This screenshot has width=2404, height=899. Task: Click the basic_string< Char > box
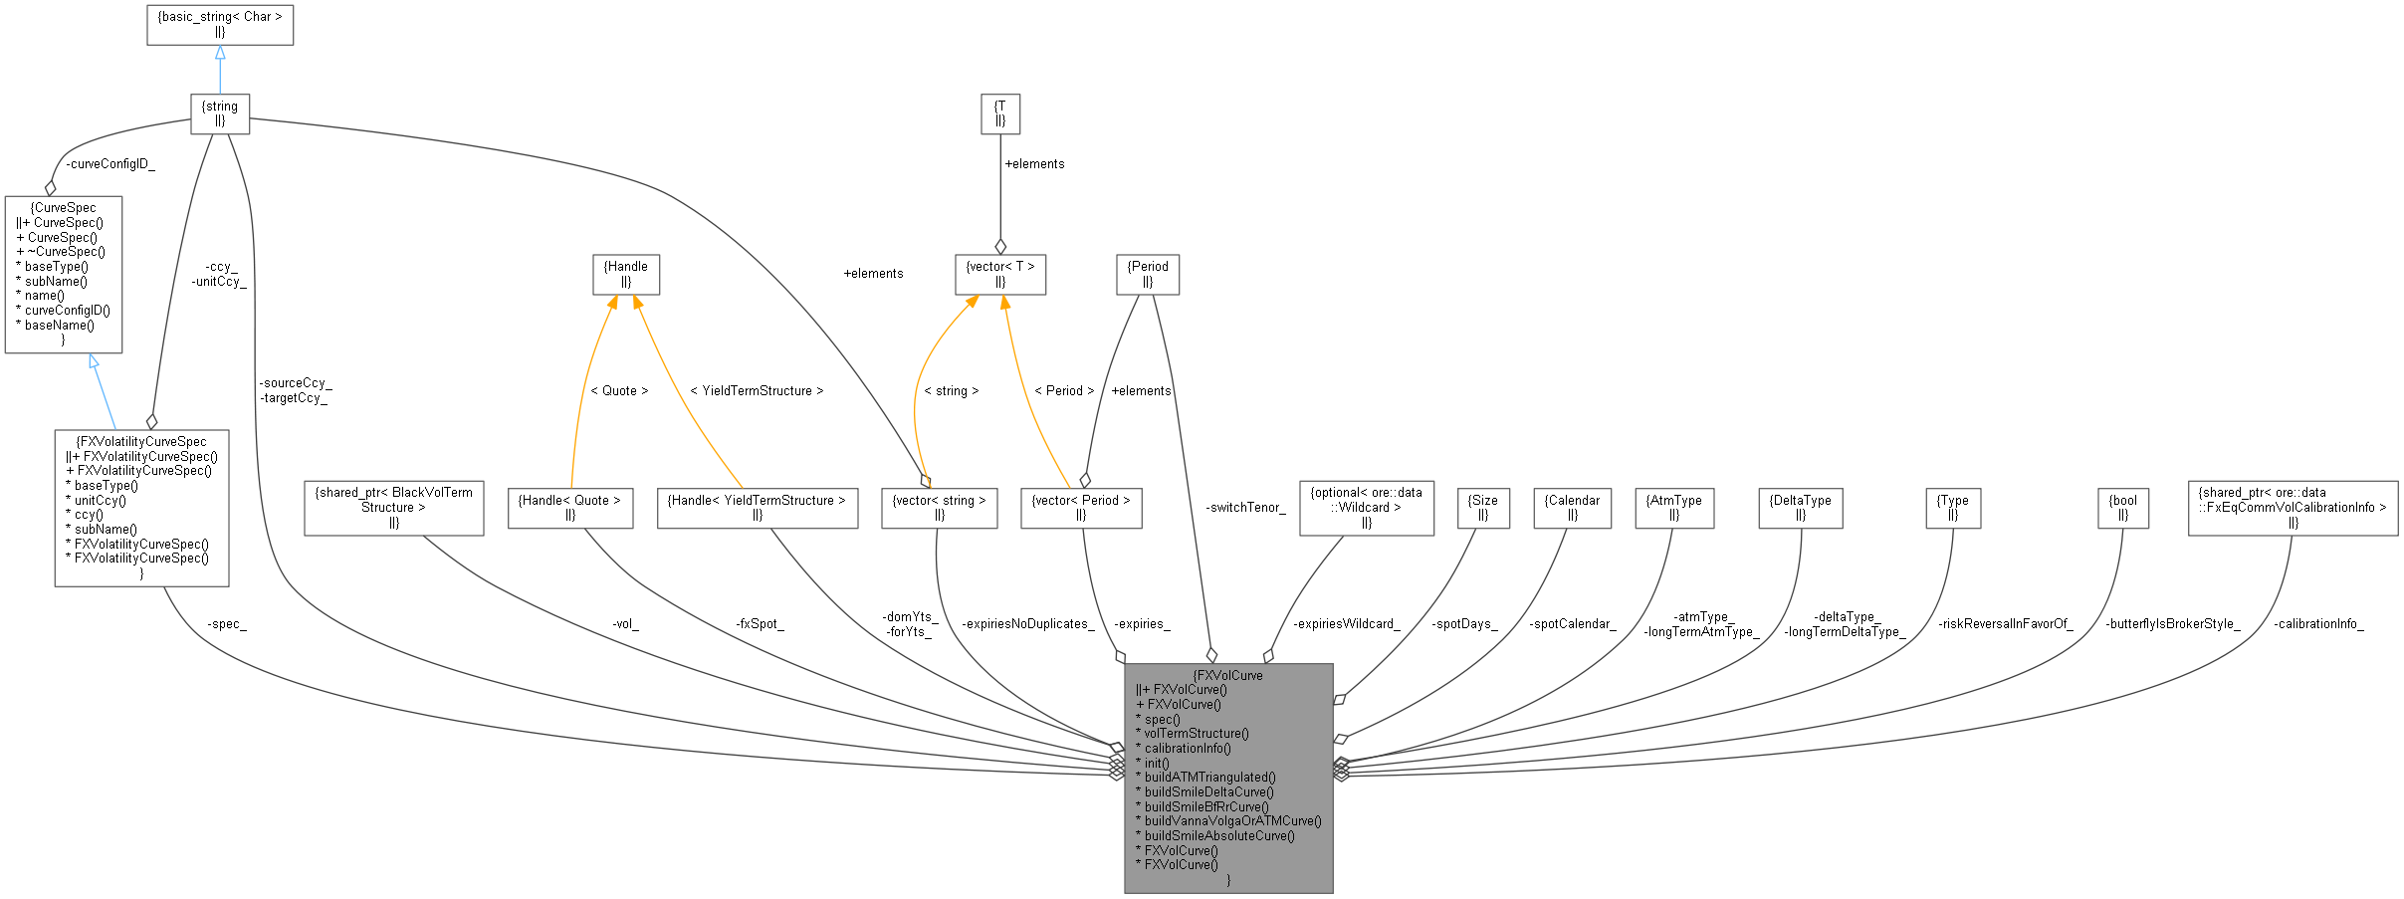tap(220, 24)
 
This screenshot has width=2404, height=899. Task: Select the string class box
tap(220, 113)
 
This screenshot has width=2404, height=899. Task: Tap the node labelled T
tap(1000, 113)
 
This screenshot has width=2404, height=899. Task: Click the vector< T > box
tap(1000, 274)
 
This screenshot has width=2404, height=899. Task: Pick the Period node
tap(1148, 274)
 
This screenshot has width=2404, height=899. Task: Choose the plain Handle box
tap(626, 274)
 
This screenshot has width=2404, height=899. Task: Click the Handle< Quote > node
tap(570, 508)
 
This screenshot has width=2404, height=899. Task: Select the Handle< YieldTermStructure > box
tap(758, 508)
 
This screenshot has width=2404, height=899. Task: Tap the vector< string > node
tap(940, 508)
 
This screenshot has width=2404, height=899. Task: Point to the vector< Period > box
tap(1081, 508)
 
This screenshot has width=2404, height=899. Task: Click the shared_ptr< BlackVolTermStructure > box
tap(394, 508)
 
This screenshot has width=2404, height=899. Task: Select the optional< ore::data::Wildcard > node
tap(1367, 508)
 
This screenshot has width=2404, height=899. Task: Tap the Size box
tap(1483, 508)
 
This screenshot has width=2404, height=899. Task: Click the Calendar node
tap(1572, 508)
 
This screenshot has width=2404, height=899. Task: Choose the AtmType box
tap(1674, 508)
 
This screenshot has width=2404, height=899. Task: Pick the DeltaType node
tap(1801, 508)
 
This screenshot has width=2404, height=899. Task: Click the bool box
tap(2123, 508)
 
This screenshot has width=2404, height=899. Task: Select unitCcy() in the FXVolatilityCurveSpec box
tap(100, 501)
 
